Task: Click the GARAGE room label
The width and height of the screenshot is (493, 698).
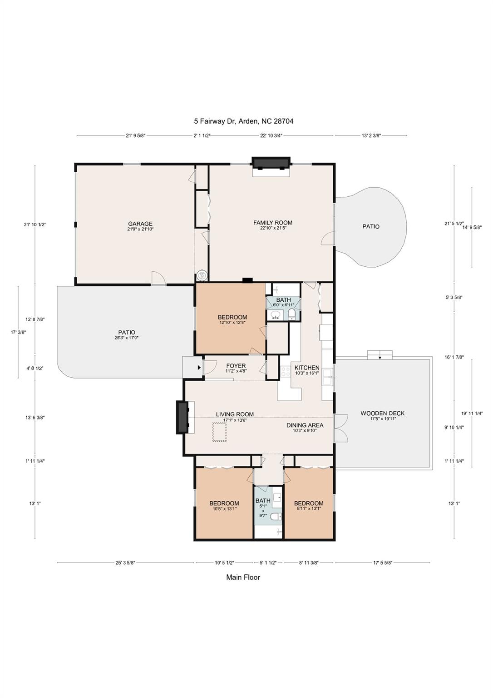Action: pyautogui.click(x=140, y=224)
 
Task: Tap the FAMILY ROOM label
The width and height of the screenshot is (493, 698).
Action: pyautogui.click(x=272, y=223)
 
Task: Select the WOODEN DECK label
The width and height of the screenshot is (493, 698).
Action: pyautogui.click(x=382, y=414)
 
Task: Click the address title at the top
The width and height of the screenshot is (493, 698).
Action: pyautogui.click(x=244, y=121)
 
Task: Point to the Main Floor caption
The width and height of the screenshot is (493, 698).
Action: pyautogui.click(x=243, y=577)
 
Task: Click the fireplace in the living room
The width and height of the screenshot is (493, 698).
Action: pyautogui.click(x=183, y=417)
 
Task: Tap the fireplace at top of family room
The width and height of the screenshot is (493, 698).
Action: pyautogui.click(x=271, y=163)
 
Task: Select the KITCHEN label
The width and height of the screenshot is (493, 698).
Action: pyautogui.click(x=307, y=368)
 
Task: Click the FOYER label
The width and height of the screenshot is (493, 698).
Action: pyautogui.click(x=236, y=366)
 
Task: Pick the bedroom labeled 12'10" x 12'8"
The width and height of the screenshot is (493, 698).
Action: pyautogui.click(x=232, y=318)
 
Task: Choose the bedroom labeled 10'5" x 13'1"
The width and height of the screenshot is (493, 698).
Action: pyautogui.click(x=224, y=504)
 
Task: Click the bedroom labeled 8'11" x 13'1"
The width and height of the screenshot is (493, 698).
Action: pyautogui.click(x=309, y=504)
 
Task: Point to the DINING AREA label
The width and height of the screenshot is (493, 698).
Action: pyautogui.click(x=305, y=425)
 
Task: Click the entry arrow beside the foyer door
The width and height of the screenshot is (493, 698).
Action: pyautogui.click(x=199, y=367)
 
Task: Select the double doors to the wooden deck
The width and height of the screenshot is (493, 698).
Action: pyautogui.click(x=340, y=428)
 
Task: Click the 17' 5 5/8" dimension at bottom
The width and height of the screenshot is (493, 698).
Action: pyautogui.click(x=382, y=563)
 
